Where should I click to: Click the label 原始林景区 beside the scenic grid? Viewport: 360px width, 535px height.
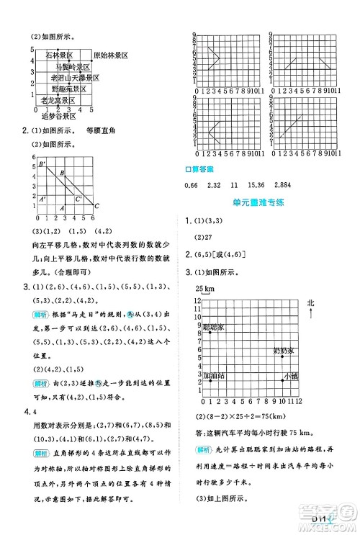coord(110,55)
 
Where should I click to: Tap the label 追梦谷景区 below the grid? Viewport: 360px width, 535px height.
coord(59,115)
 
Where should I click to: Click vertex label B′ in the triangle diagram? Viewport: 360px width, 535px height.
coord(42,165)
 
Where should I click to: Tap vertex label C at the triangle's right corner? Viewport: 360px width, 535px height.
coord(96,207)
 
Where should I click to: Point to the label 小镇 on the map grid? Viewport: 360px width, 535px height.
coord(290,375)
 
